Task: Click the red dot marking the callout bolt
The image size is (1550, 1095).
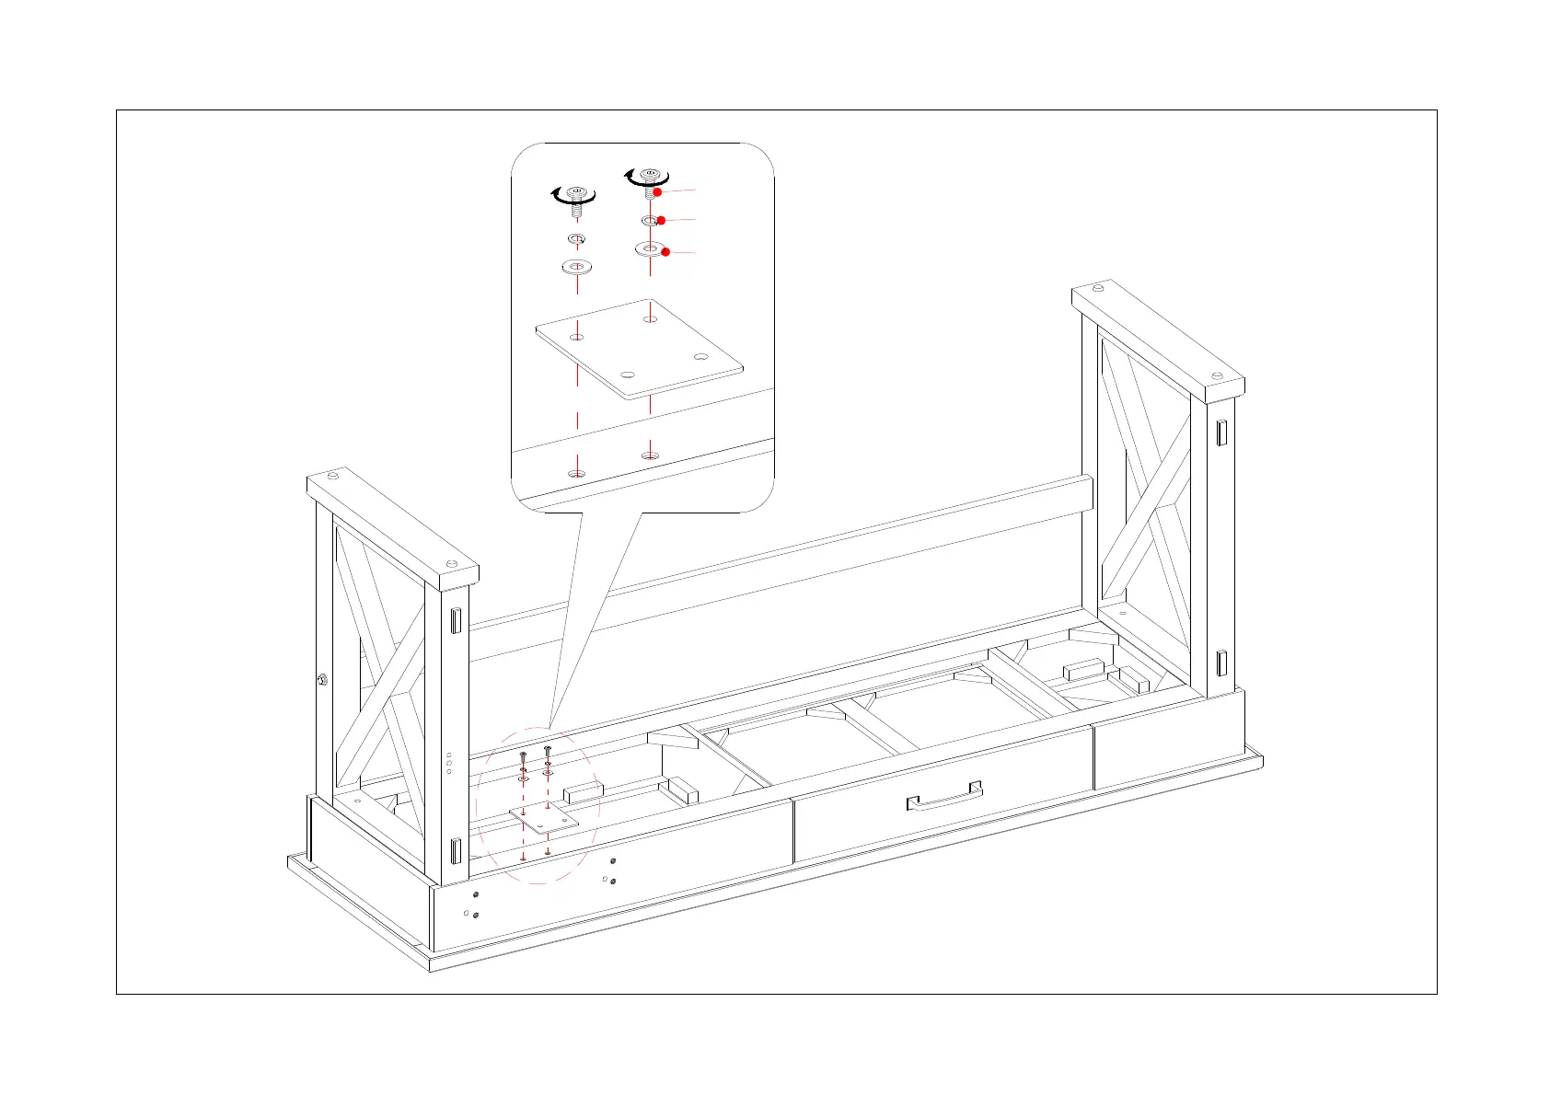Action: click(658, 191)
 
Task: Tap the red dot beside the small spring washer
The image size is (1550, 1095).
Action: click(661, 221)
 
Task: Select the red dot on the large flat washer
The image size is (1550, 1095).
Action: click(665, 252)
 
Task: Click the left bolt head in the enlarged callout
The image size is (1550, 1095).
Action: click(576, 194)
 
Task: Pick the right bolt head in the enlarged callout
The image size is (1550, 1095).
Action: click(650, 175)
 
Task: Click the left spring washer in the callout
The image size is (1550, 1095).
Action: click(577, 239)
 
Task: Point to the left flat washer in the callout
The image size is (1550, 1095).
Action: click(576, 267)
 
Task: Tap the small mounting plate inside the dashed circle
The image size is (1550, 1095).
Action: click(543, 818)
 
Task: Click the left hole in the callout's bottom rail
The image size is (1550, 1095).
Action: click(577, 474)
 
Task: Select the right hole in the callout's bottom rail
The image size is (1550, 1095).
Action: click(650, 455)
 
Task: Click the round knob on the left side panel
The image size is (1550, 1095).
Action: click(322, 680)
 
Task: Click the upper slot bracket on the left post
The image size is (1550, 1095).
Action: click(455, 620)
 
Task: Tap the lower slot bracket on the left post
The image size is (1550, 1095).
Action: click(455, 850)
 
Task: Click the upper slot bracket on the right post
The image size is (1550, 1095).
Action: click(1221, 432)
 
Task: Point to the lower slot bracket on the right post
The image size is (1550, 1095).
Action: click(1221, 663)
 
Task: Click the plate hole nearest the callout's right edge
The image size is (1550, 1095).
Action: click(700, 357)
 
